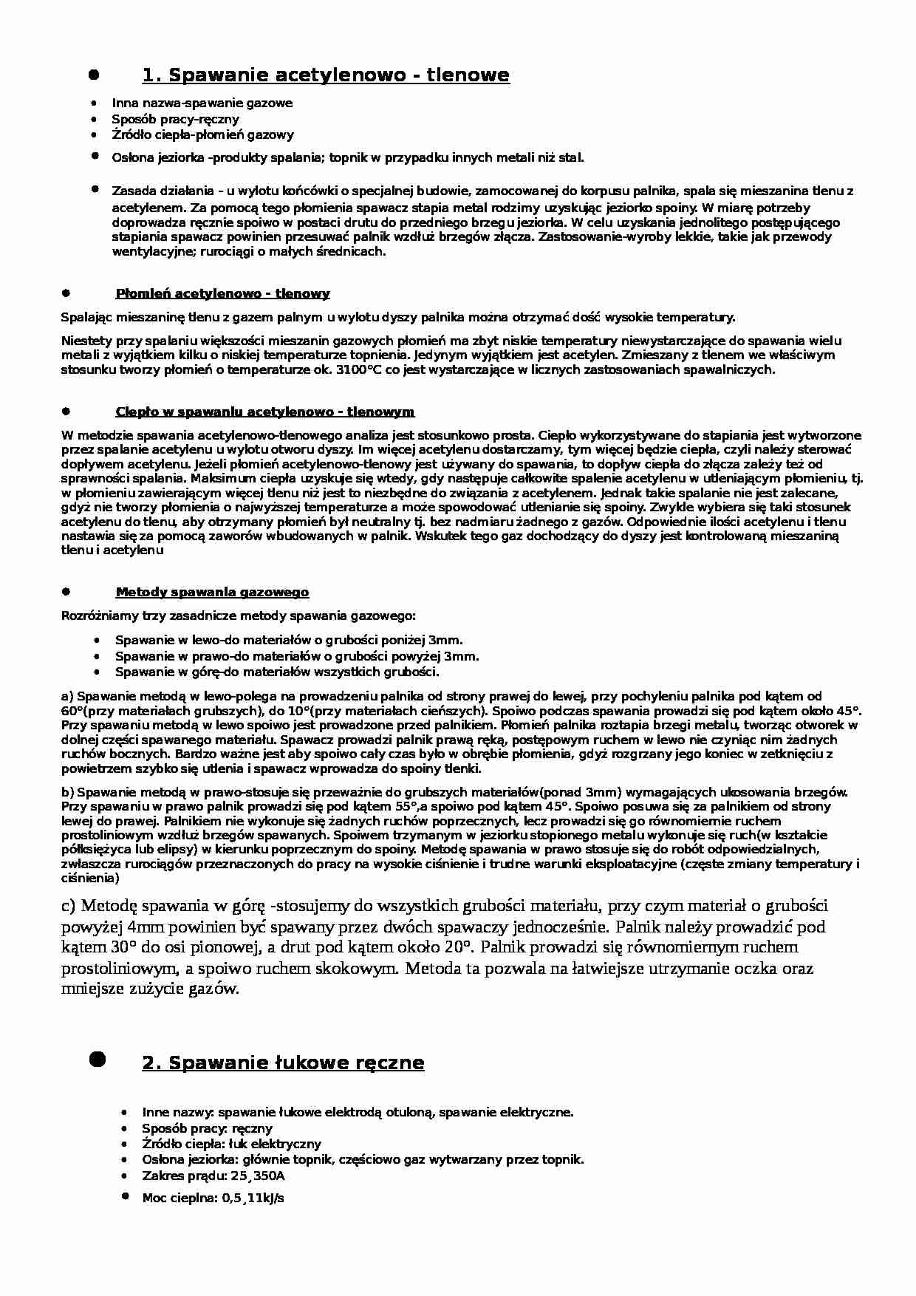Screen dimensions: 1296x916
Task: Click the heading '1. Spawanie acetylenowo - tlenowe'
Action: click(x=325, y=75)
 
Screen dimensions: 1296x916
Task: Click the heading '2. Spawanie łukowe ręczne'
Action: click(x=283, y=1063)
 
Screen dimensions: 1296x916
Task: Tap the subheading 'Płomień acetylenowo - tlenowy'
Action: click(x=222, y=294)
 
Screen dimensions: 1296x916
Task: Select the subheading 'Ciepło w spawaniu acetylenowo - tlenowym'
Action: click(x=264, y=412)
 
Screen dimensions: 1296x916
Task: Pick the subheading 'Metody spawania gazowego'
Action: click(x=212, y=593)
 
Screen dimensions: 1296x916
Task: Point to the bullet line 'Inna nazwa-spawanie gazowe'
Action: click(x=202, y=103)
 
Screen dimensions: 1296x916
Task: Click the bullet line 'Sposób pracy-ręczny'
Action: click(x=175, y=119)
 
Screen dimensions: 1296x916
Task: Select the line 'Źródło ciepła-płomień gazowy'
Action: click(x=202, y=134)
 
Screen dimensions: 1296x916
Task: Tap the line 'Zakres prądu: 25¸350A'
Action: click(x=213, y=1176)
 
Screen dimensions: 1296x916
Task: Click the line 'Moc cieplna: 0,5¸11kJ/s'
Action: click(x=213, y=1198)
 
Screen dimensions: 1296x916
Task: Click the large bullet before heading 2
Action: click(x=97, y=1060)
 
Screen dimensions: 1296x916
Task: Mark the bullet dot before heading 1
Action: click(x=94, y=75)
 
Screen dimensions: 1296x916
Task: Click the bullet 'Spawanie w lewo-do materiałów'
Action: click(x=289, y=641)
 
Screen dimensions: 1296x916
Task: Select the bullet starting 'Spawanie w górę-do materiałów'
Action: click(x=277, y=672)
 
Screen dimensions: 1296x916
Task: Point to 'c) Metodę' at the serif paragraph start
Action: click(x=100, y=906)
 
